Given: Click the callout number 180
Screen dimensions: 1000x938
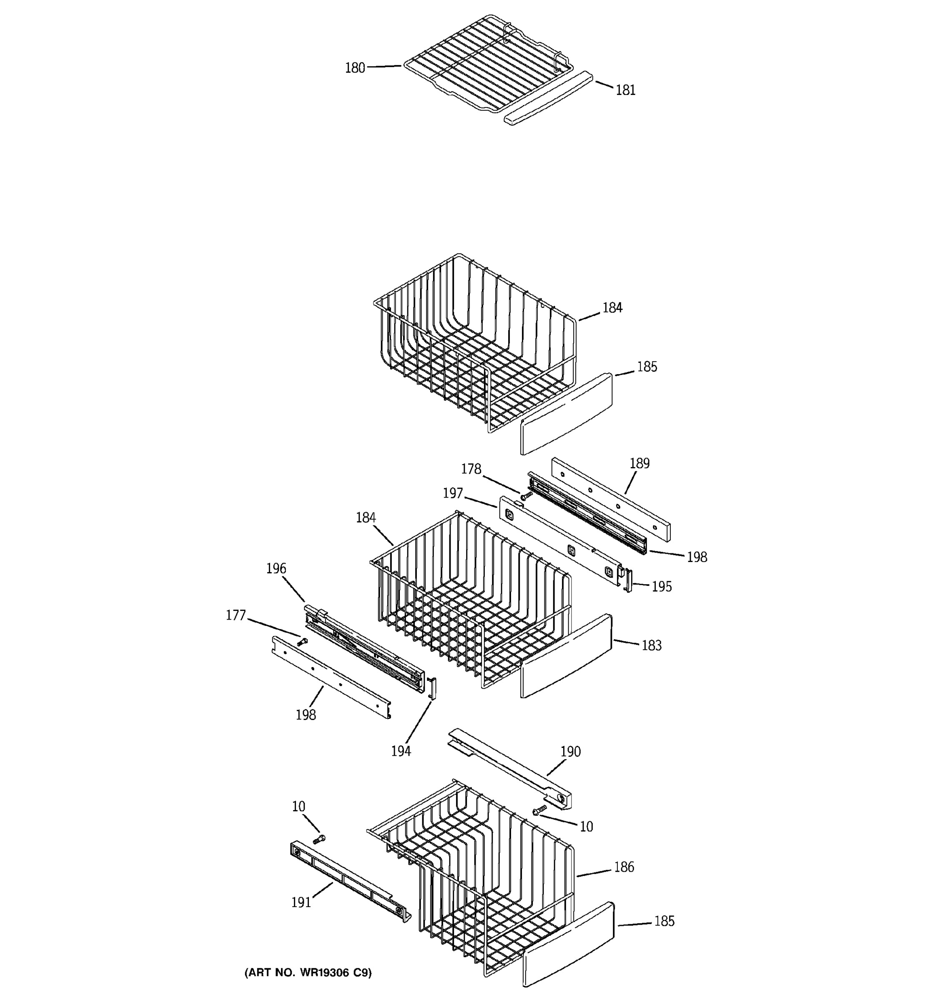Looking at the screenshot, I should tap(354, 68).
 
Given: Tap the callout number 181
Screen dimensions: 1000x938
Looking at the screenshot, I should tap(625, 90).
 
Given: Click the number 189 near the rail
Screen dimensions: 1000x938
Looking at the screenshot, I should tap(639, 463).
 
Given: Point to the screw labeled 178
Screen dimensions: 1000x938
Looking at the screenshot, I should tap(527, 495).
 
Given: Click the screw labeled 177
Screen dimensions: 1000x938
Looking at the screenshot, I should tap(302, 641).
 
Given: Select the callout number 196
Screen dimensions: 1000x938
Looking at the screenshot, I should tap(276, 568).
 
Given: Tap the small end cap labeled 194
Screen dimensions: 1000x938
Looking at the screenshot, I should tap(432, 687).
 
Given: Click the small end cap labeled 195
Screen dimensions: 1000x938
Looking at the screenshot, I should tap(627, 580).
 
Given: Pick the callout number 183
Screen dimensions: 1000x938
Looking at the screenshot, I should tap(651, 645).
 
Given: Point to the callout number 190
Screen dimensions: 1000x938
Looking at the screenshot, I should tap(570, 752).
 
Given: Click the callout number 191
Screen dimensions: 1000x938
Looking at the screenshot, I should tap(301, 902).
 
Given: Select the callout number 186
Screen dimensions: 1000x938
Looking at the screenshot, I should tap(624, 867).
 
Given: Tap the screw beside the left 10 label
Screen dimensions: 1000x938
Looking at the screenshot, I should tap(319, 838).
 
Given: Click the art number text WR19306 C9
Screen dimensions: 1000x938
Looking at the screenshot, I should tap(335, 972).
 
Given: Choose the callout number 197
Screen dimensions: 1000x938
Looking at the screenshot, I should tap(452, 493).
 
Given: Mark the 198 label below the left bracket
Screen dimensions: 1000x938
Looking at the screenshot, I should tap(306, 715).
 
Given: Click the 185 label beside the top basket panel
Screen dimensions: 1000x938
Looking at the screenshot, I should tap(647, 367).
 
